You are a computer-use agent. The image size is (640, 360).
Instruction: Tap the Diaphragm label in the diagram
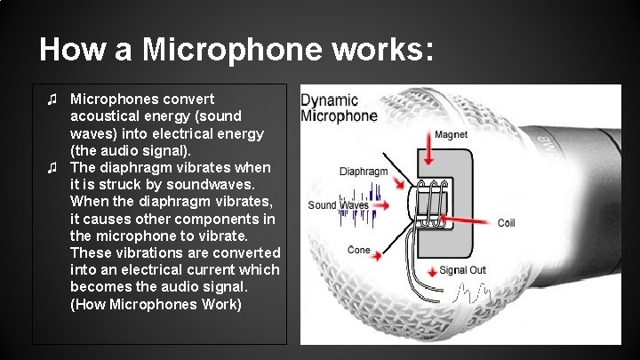pos(364,171)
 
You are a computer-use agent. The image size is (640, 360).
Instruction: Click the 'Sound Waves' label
pos(339,205)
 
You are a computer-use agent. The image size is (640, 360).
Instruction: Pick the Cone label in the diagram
pos(359,250)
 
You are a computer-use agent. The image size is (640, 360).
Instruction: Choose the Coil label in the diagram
pos(506,221)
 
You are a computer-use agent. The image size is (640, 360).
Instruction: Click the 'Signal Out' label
pos(462,270)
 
